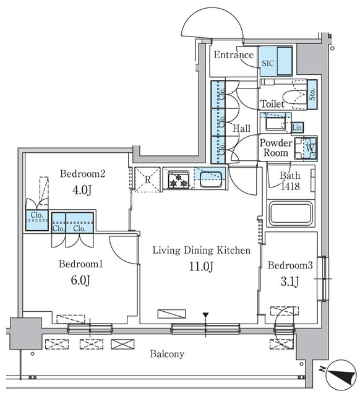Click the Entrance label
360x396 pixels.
click(234, 55)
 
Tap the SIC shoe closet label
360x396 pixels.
click(268, 63)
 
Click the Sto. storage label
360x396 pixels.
click(312, 94)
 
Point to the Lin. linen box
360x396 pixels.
click(298, 128)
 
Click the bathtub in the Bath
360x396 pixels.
click(291, 213)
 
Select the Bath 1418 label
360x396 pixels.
click(290, 181)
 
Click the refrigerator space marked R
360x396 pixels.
click(147, 179)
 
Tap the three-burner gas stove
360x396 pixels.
click(179, 180)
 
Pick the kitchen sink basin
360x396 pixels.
click(211, 179)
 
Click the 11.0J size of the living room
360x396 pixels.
click(201, 267)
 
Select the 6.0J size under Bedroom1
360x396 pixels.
click(80, 280)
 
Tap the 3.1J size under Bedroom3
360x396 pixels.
click(290, 282)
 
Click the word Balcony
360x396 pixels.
click(167, 354)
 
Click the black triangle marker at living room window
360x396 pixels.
click(206, 315)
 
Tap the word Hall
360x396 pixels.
click(241, 129)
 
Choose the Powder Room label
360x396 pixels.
click(276, 148)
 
